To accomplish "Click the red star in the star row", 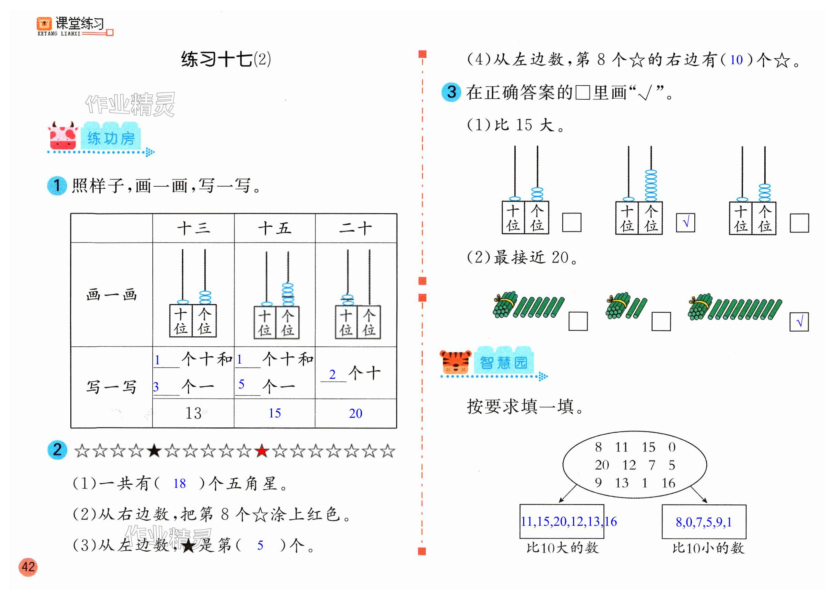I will [262, 451].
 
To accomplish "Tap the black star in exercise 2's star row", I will [154, 451].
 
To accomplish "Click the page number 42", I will [28, 567].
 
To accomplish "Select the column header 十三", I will [194, 228].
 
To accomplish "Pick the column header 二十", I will [356, 228].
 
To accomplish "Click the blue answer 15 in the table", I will [275, 413].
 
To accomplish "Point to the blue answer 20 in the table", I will [356, 413].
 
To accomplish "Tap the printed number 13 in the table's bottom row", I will [193, 413].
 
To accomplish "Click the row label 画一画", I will [112, 295].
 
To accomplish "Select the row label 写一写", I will [112, 387].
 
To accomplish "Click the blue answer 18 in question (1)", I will [179, 483].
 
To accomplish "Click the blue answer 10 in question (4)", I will [736, 60].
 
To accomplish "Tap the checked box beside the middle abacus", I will [685, 223].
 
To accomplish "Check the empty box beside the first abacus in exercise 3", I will [571, 223].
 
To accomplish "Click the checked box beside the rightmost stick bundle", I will [799, 322].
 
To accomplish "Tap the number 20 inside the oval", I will [602, 465].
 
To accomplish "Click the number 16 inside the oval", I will [668, 483].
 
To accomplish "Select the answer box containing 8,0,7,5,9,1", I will [704, 522].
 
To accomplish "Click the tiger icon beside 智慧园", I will [455, 362].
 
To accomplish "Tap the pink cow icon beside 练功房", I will [63, 137].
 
